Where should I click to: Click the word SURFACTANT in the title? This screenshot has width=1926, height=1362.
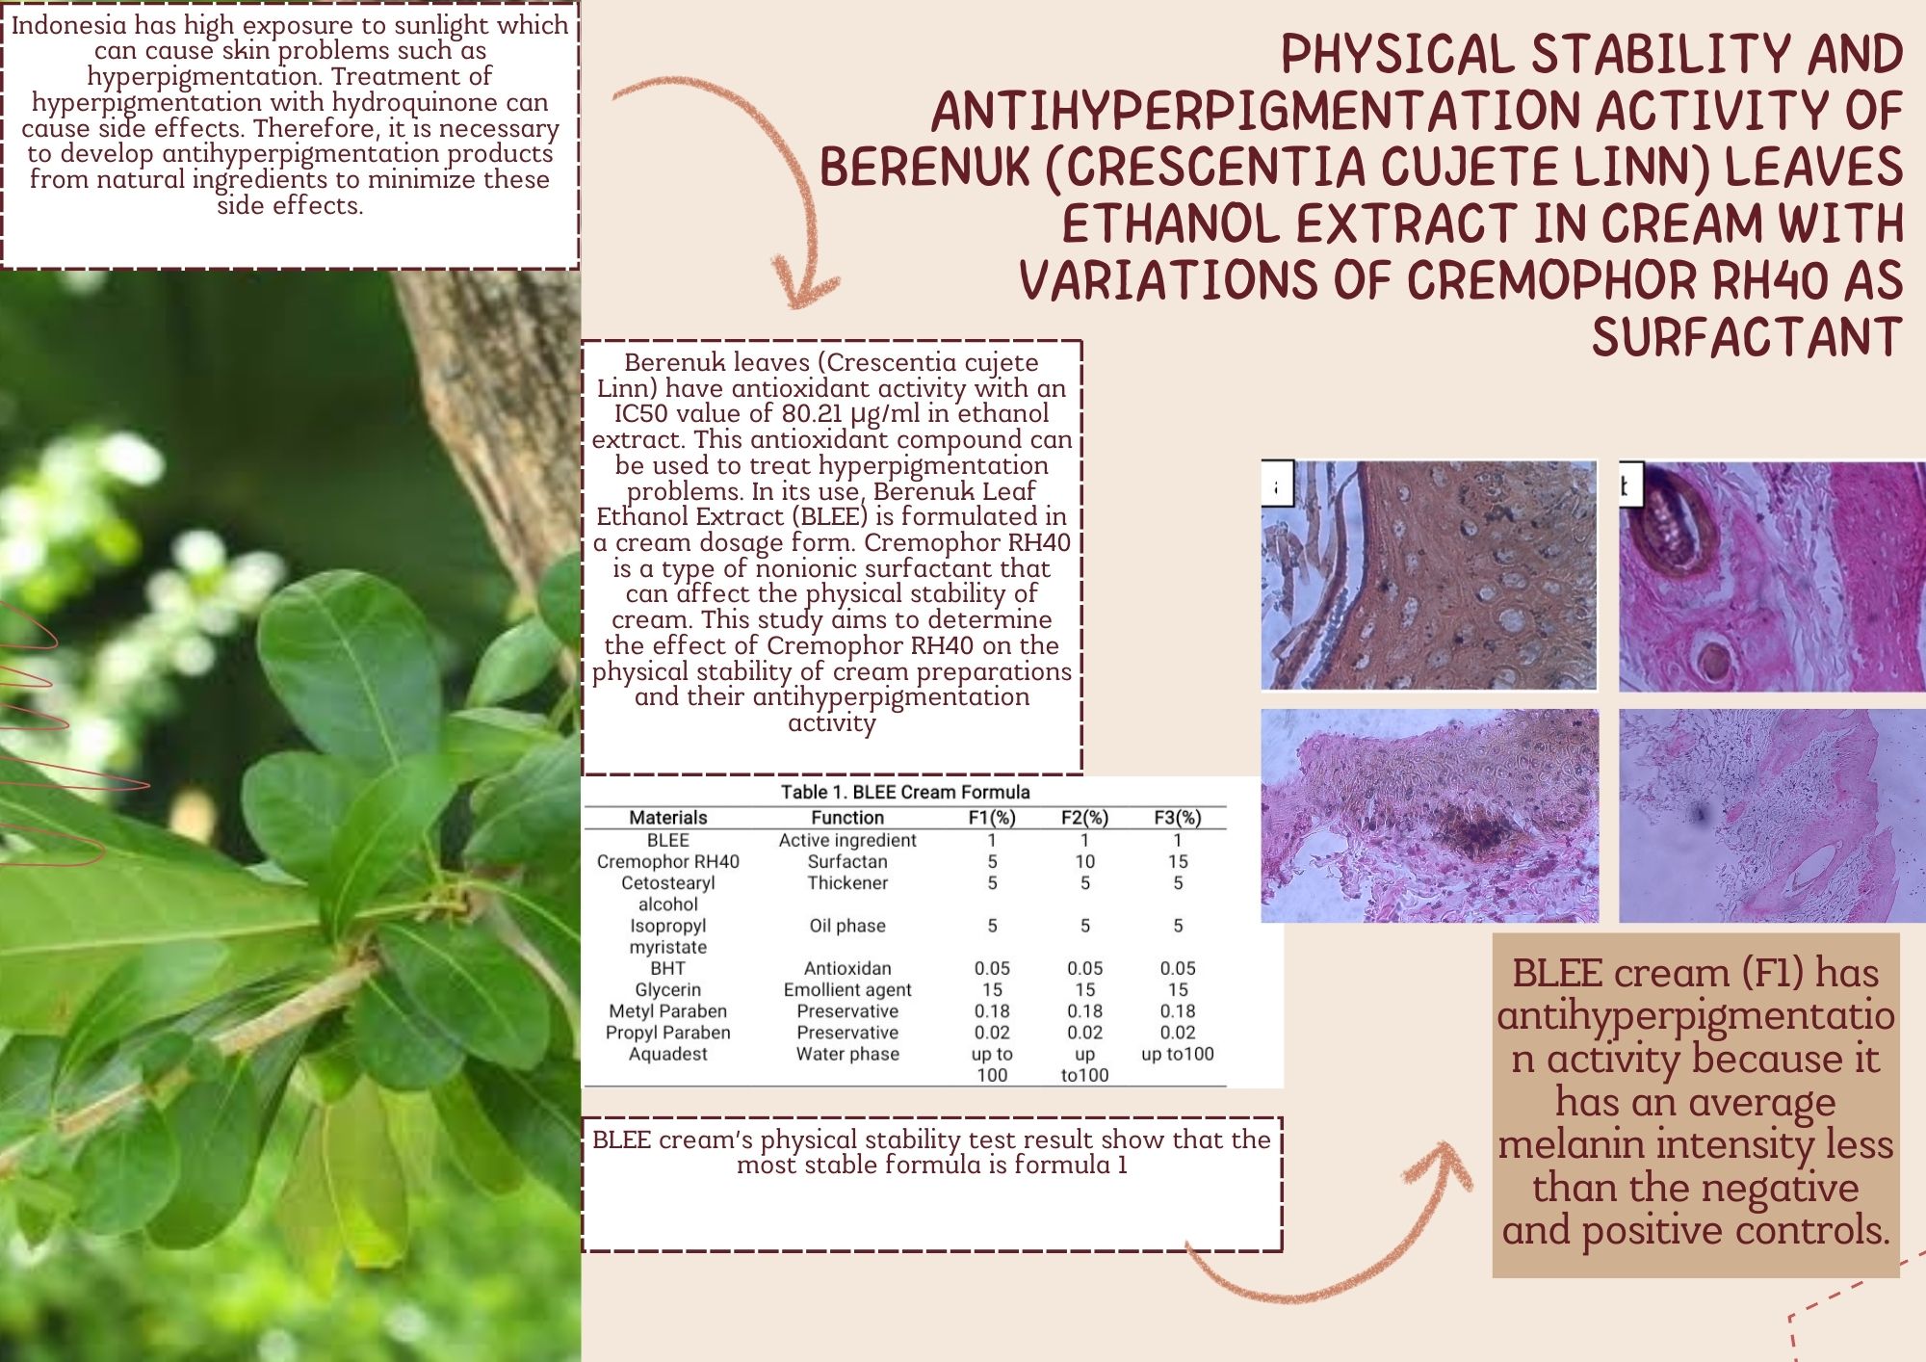1747,337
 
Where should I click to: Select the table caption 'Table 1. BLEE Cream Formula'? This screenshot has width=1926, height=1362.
905,792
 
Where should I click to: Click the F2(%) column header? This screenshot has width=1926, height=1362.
1084,818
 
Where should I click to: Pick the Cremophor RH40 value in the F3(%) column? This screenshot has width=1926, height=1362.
1178,861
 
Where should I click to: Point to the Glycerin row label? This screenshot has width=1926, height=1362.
667,990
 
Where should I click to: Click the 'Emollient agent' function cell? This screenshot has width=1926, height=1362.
847,990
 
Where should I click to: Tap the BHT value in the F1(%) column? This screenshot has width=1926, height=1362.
992,968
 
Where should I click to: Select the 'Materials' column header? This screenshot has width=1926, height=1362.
667,818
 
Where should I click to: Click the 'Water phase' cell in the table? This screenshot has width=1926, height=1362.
847,1054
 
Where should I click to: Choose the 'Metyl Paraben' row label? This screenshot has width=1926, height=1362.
667,1011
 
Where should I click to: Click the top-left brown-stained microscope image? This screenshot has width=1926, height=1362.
1429,575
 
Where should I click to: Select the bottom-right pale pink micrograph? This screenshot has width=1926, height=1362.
1772,816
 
